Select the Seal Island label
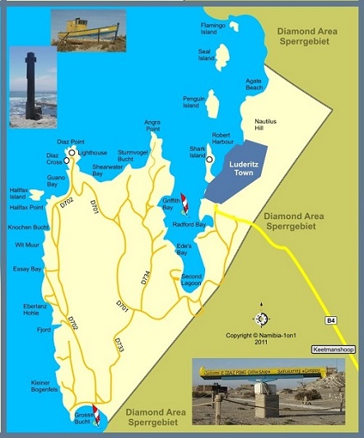(x=206, y=54)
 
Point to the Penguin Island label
(x=193, y=102)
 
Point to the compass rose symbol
(x=261, y=318)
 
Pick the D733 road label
(x=119, y=343)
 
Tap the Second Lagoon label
(x=191, y=279)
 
